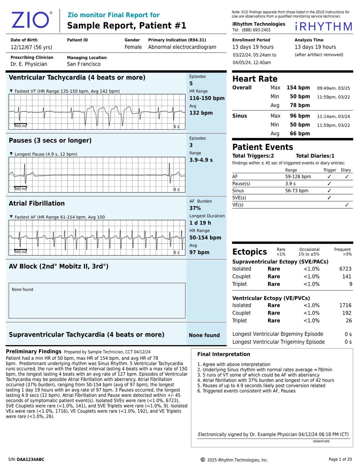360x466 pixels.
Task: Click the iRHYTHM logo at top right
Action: tap(324, 27)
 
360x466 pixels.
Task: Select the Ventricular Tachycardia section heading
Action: tap(77, 77)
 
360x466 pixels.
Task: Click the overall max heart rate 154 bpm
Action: tap(298, 88)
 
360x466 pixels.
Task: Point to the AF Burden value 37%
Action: tap(195, 208)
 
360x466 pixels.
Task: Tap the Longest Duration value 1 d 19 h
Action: tap(200, 223)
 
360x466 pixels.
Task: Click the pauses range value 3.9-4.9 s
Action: tap(201, 160)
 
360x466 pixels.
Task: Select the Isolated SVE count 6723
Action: tap(345, 269)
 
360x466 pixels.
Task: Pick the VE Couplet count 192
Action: tap(346, 313)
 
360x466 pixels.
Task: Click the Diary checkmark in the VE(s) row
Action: tap(347, 205)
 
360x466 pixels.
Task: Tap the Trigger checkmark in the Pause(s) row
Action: tap(329, 184)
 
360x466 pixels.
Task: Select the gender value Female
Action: tap(133, 47)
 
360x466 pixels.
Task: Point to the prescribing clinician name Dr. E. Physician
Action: tap(29, 64)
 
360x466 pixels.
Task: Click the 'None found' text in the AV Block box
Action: tap(22, 290)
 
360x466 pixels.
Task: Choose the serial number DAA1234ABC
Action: tap(30, 459)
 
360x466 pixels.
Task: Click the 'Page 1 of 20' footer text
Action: tap(340, 459)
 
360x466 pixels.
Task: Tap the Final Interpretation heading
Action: tap(223, 354)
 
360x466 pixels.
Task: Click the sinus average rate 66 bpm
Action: tap(300, 134)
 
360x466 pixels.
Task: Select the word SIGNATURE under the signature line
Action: tap(321, 441)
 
